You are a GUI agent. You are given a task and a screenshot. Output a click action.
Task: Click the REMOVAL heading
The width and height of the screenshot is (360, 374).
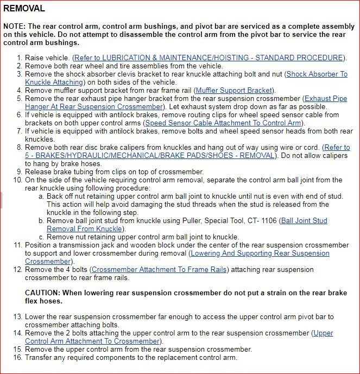coord(24,9)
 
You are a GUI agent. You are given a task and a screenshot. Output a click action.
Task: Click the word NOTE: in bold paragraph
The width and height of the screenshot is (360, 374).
coord(15,27)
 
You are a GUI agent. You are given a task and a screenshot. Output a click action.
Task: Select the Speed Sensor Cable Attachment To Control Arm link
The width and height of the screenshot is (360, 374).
coord(223,123)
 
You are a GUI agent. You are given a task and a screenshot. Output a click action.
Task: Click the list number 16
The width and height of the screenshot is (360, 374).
coord(17,358)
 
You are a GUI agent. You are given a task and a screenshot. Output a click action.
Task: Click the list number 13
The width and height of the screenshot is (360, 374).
coord(17,316)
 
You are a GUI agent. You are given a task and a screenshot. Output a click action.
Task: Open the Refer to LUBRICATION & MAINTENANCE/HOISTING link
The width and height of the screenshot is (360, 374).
coord(210,58)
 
